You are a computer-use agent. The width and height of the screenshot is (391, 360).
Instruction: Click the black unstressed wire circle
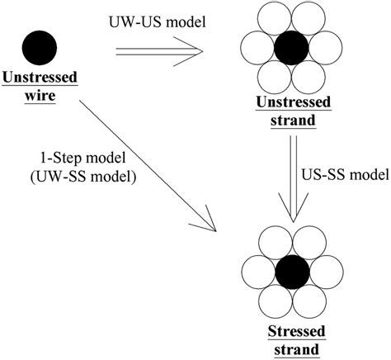[x=40, y=45]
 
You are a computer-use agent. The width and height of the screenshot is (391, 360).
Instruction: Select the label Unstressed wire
[x=40, y=88]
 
